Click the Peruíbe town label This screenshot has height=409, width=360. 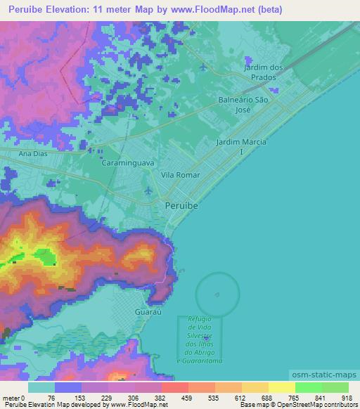coord(181,207)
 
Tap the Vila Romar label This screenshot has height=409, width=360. coord(181,174)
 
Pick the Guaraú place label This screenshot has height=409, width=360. coord(147,310)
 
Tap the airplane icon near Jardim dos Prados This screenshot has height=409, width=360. coord(204,67)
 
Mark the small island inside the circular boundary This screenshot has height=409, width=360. coord(217,294)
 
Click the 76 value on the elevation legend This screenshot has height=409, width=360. coord(53,397)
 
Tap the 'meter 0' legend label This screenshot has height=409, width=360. coord(13,397)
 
